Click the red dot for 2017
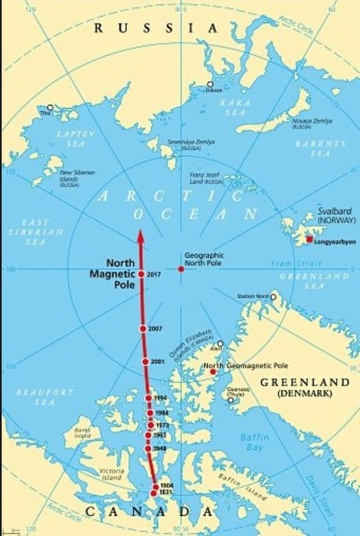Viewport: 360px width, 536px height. (140, 274)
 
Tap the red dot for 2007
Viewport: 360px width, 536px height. (143, 329)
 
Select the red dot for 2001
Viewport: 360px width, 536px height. (145, 361)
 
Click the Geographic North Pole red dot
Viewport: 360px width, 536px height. (181, 269)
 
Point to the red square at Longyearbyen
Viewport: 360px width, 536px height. (309, 239)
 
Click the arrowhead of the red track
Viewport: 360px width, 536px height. (140, 237)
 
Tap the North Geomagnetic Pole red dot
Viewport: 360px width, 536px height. (213, 372)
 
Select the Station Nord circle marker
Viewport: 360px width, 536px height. (273, 297)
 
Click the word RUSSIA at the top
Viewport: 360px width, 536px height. (156, 28)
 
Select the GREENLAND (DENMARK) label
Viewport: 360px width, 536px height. (303, 387)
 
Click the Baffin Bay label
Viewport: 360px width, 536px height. (255, 442)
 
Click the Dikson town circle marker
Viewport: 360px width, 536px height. (210, 85)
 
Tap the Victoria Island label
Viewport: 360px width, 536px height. (112, 474)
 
